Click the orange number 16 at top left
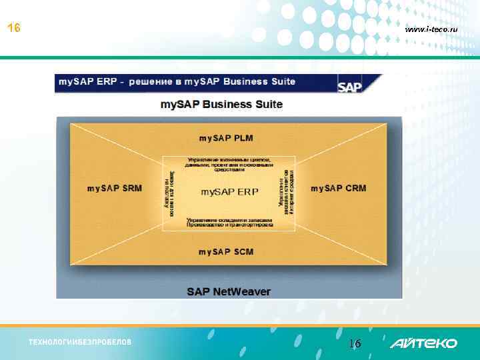(x=13, y=29)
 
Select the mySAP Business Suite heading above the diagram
(x=221, y=105)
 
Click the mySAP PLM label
(x=226, y=138)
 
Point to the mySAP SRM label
(x=115, y=189)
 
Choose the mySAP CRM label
(x=338, y=189)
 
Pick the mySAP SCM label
(x=226, y=251)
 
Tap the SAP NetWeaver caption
(x=229, y=291)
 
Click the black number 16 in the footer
(x=355, y=344)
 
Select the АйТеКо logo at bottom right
(x=423, y=343)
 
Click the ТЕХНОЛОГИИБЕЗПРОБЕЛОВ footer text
(x=80, y=343)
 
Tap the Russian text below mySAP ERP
(x=229, y=222)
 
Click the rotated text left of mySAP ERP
(x=169, y=193)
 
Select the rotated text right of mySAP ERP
(x=287, y=193)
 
